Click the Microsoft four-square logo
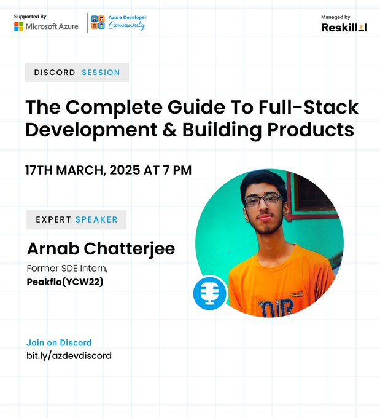(x=19, y=26)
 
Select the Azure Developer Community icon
(x=97, y=22)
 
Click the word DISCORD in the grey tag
(x=55, y=73)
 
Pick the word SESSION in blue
(x=101, y=73)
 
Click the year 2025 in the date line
(x=125, y=170)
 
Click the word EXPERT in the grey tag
(x=53, y=219)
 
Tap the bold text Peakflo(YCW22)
(x=64, y=282)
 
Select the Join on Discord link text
(x=59, y=343)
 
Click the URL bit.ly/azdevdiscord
(x=69, y=356)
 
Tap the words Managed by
(x=335, y=17)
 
